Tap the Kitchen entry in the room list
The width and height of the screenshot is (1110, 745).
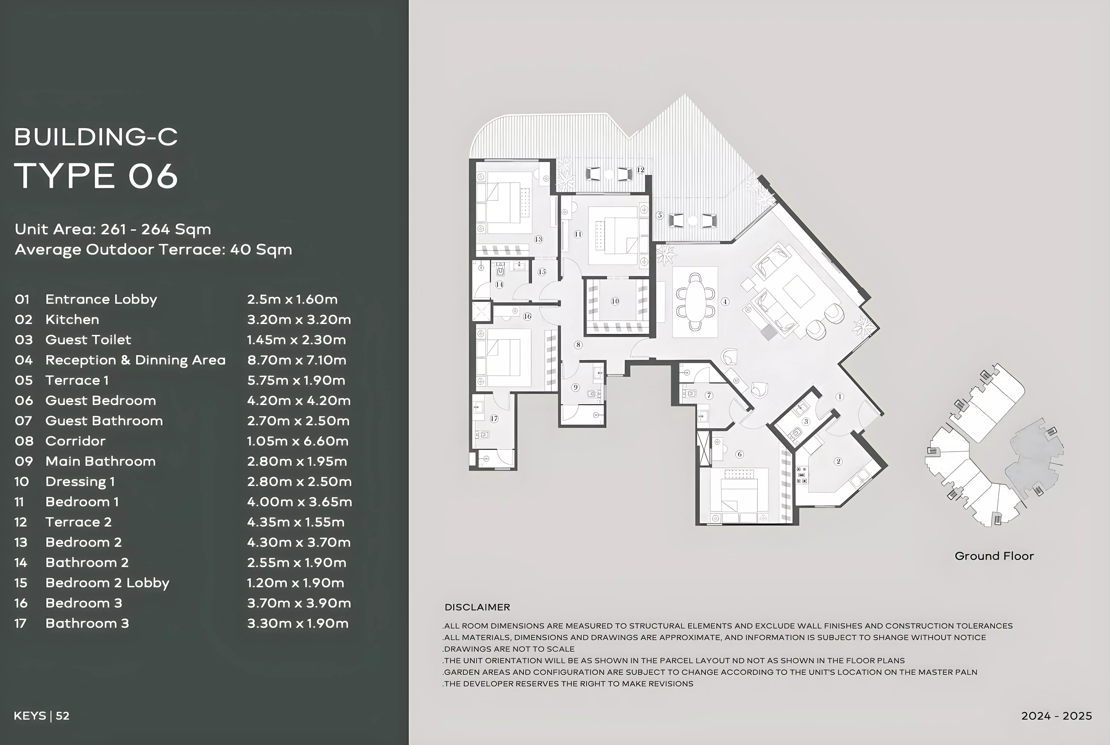[x=72, y=319]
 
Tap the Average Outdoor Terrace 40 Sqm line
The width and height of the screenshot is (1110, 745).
[x=153, y=249]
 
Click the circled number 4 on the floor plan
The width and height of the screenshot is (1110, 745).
[x=725, y=301]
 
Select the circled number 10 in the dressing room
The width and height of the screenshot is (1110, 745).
[x=615, y=301]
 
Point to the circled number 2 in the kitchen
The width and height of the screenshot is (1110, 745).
[x=838, y=461]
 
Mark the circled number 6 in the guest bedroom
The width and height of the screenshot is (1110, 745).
[x=739, y=454]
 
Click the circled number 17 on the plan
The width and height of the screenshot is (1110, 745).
[x=494, y=419]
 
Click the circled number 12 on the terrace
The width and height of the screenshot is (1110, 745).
[x=640, y=170]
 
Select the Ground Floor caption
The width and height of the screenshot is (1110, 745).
[x=994, y=556]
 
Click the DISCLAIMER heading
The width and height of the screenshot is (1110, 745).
[x=477, y=607]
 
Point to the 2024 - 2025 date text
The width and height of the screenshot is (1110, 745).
[x=1056, y=716]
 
